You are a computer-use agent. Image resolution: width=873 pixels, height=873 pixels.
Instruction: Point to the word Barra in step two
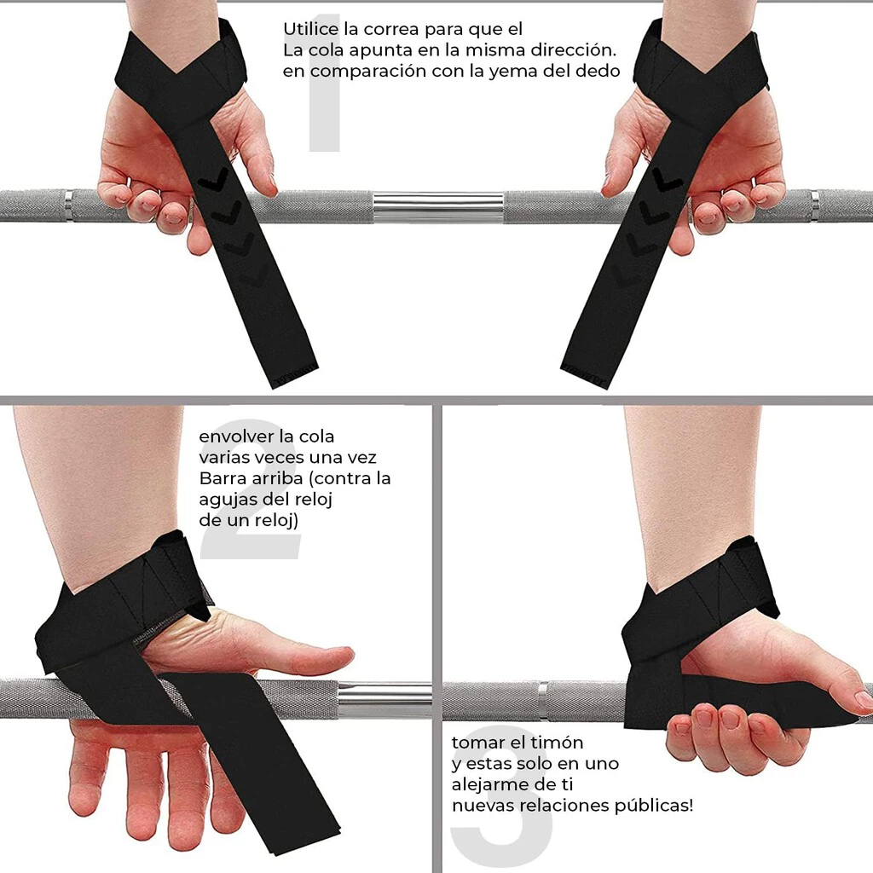(223, 478)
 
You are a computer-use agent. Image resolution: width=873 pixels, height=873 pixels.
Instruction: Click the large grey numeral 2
(251, 490)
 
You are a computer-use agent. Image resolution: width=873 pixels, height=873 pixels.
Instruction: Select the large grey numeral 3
(501, 796)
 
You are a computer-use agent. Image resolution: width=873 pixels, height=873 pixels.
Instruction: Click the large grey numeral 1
(325, 83)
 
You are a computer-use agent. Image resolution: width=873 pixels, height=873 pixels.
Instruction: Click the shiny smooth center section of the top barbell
(438, 206)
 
